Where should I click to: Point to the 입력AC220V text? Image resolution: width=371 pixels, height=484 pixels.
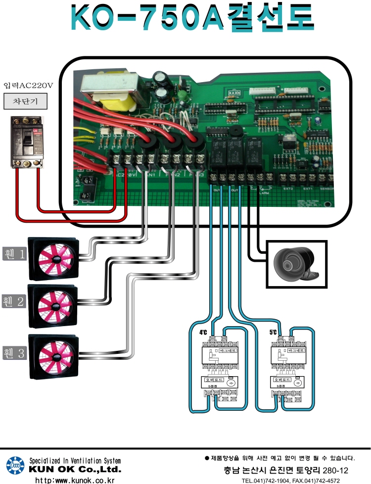pos(27,85)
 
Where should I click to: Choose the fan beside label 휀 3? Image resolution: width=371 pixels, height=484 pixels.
pos(53,354)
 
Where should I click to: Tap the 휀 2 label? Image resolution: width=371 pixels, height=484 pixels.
pos(13,301)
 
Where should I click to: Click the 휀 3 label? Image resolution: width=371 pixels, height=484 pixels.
pos(13,353)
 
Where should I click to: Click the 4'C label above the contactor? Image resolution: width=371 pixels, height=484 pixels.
pos(203,333)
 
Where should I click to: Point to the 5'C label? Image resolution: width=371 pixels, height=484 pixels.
pos(273,333)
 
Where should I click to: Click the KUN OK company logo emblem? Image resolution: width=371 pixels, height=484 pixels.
pos(15,466)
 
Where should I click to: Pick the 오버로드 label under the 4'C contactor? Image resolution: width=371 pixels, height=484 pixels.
pos(211,380)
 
